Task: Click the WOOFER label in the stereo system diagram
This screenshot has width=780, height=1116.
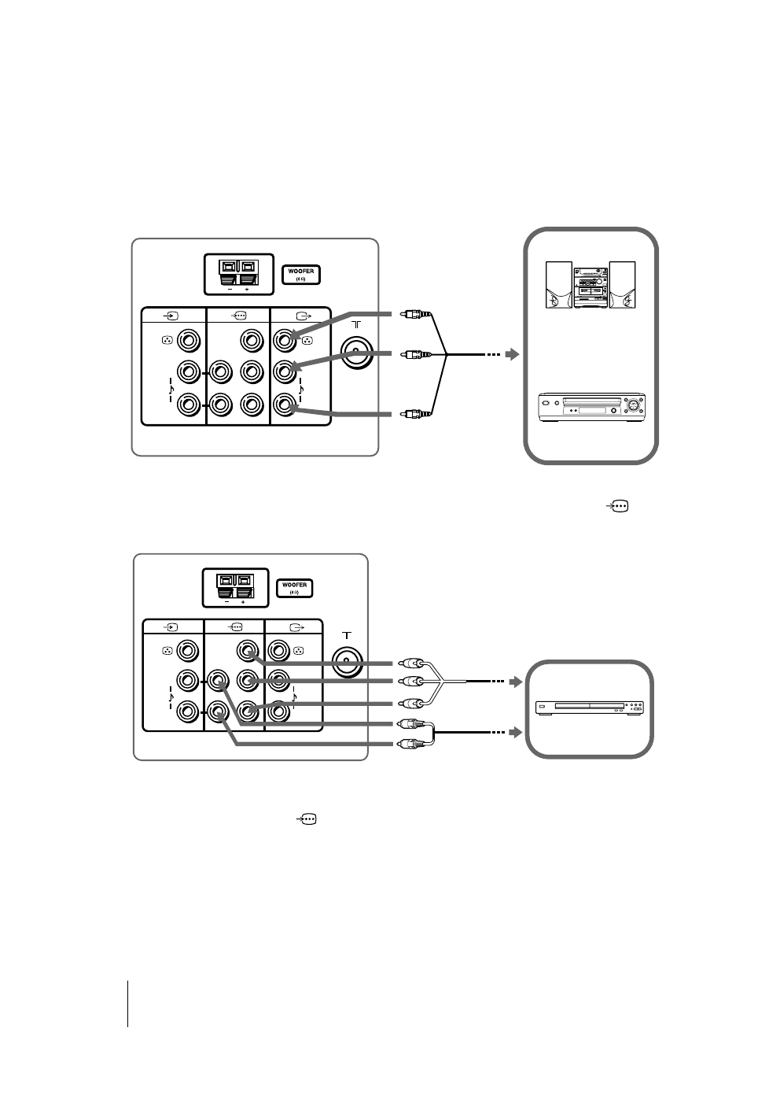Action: [x=302, y=272]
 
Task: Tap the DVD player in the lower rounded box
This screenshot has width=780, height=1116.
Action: [x=589, y=708]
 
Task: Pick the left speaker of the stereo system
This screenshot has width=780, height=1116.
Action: [x=558, y=286]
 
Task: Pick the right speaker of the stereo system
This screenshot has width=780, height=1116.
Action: [x=622, y=286]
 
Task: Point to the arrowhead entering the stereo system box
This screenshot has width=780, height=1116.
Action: [x=513, y=355]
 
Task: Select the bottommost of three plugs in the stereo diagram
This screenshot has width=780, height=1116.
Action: [x=412, y=412]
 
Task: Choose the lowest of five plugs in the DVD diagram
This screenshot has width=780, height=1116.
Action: [x=412, y=743]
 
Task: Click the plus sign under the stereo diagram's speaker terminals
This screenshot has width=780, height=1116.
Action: [x=247, y=290]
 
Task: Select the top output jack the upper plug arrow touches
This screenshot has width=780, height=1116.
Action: [x=284, y=341]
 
